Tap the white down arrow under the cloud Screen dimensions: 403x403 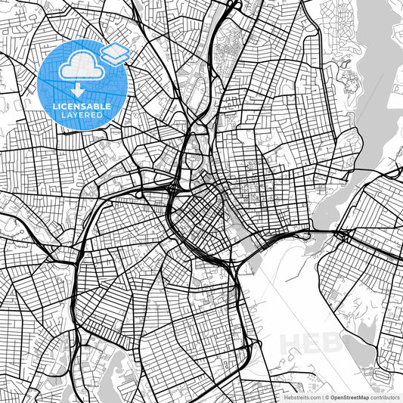tap(79, 89)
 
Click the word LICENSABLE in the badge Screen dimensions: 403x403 tap(82, 107)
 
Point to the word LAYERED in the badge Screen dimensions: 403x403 tap(82, 116)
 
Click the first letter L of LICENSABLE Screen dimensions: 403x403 tap(54, 107)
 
